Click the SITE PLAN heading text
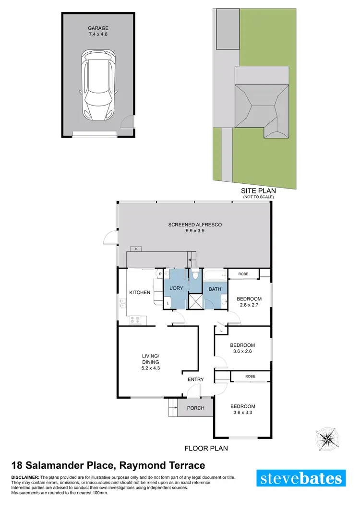[x=258, y=190]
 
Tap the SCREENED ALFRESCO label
[x=194, y=228]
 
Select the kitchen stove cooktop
[x=135, y=318]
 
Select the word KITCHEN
[x=140, y=292]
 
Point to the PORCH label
[x=195, y=408]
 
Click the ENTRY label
[x=196, y=379]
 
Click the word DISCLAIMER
[x=25, y=477]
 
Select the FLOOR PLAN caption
[x=206, y=449]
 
